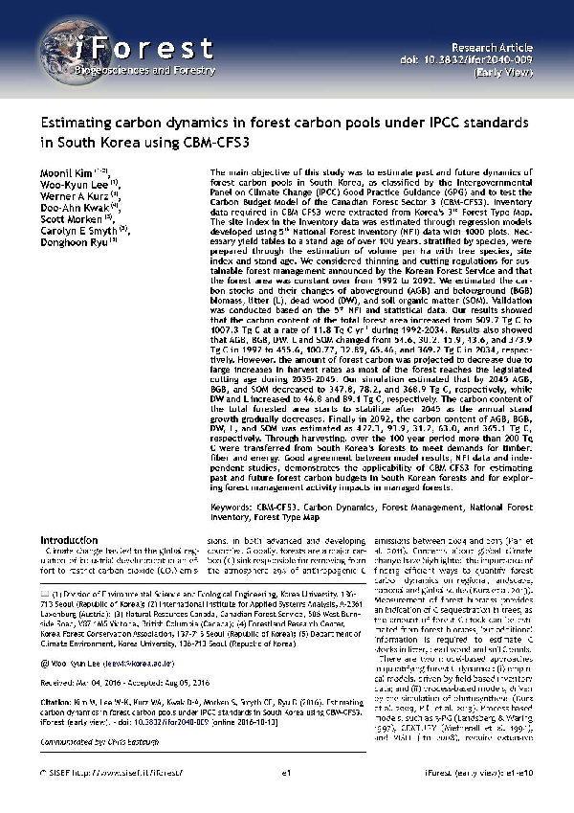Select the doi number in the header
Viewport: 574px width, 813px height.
click(487, 57)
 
